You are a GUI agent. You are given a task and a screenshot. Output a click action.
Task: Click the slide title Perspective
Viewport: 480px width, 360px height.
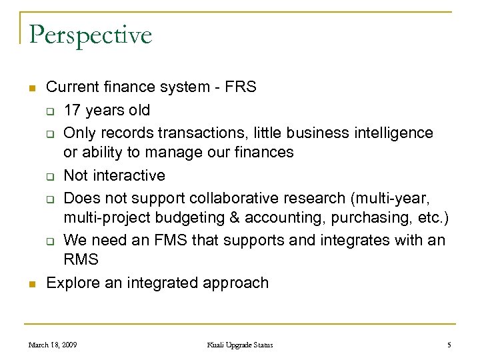tap(90, 35)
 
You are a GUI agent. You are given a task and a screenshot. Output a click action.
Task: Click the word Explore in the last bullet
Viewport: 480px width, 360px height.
tap(71, 283)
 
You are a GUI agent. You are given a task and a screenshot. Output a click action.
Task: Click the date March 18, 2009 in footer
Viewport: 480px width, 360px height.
tap(53, 345)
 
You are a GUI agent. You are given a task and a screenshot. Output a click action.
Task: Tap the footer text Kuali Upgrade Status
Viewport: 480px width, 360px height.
tap(239, 345)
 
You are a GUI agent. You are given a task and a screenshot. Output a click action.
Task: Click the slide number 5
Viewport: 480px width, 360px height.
tap(449, 345)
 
